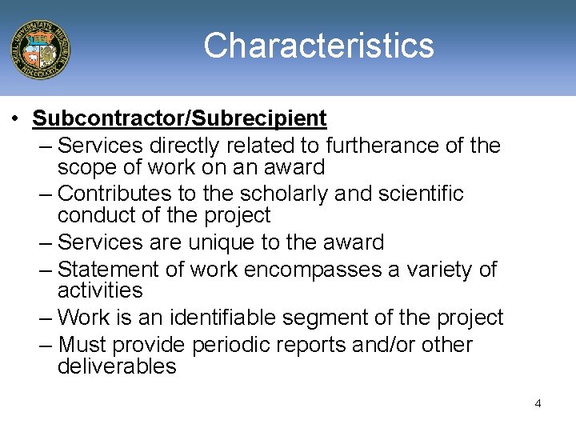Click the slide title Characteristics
point(318,46)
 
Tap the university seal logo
point(40,49)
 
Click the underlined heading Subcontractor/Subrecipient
point(179,119)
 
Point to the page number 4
point(538,403)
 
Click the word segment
point(350,318)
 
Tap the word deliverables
point(117,367)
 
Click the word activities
point(100,290)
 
